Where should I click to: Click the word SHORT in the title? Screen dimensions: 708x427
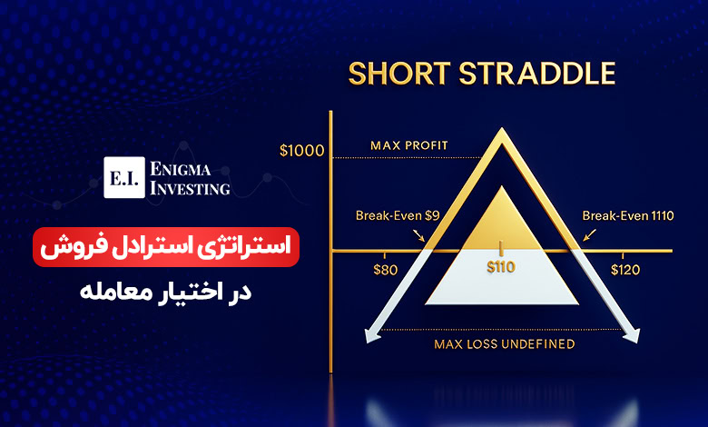[x=399, y=74]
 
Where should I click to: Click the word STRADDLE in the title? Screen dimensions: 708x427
[x=537, y=74]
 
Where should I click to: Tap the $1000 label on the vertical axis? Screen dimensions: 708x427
[x=301, y=151]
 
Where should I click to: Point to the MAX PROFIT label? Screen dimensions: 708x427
[x=409, y=145]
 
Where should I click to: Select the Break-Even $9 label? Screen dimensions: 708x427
[x=398, y=215]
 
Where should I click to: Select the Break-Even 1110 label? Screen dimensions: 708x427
[x=628, y=215]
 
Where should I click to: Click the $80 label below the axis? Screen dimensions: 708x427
[x=386, y=270]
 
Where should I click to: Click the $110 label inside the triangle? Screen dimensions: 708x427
[x=501, y=267]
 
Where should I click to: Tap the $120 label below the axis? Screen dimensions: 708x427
[x=625, y=270]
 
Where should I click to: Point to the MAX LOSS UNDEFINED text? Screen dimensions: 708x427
[x=505, y=344]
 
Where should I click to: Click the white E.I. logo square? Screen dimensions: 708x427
[x=124, y=177]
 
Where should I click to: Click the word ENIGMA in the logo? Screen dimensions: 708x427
[x=180, y=170]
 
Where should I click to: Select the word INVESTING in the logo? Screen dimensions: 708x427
[x=190, y=188]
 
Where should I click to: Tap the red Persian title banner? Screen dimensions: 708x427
[x=166, y=247]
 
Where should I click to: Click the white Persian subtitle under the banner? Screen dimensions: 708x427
[x=166, y=292]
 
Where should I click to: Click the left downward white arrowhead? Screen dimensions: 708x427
[x=371, y=335]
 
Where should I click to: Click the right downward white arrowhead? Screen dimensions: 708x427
[x=633, y=335]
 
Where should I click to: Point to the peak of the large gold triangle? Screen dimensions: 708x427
[x=502, y=128]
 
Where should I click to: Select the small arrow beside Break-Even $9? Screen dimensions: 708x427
[x=418, y=235]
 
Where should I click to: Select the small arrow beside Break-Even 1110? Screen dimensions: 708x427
[x=589, y=235]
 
